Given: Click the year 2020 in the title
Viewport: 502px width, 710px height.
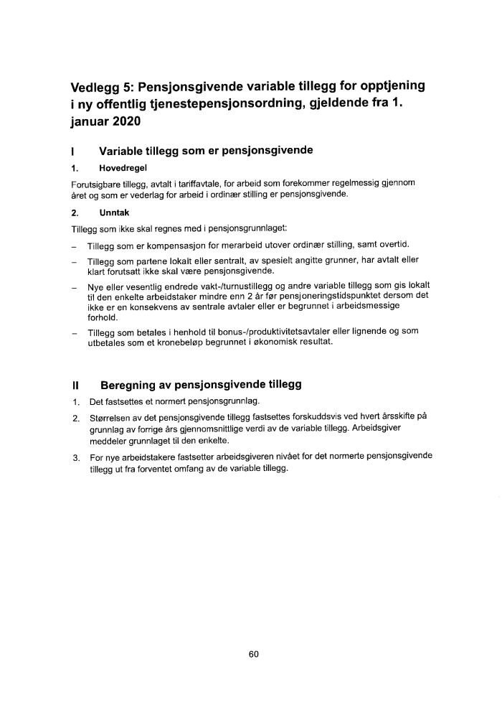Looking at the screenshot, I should [x=126, y=122].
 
